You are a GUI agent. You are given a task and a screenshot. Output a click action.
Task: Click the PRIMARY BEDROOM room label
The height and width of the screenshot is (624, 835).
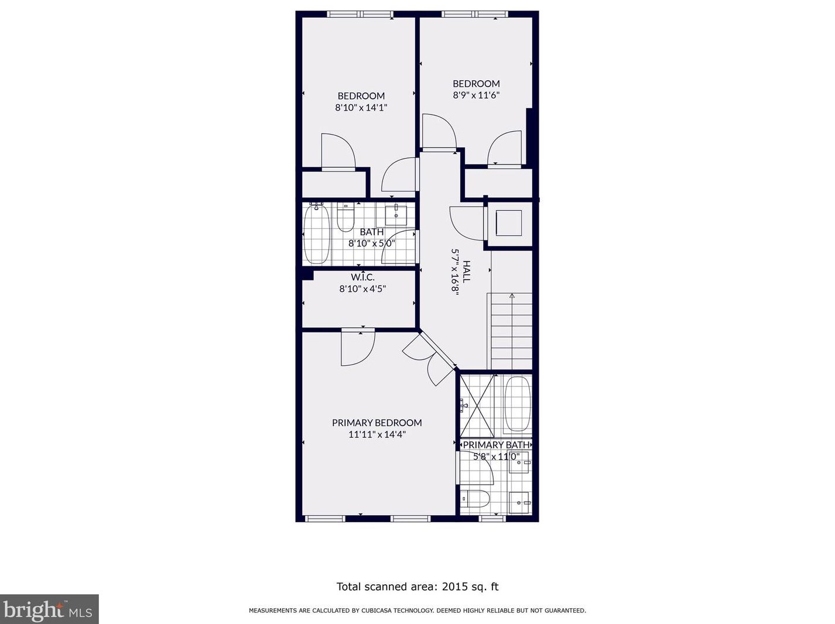[377, 423]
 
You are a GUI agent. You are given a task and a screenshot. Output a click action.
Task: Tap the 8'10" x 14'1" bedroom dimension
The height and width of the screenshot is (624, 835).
[361, 108]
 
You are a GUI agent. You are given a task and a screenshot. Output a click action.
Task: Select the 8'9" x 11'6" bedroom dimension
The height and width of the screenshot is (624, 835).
[476, 95]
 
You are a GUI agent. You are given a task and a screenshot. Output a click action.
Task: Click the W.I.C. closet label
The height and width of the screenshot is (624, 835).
[362, 277]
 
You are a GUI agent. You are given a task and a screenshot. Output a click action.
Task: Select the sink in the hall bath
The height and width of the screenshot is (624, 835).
[396, 215]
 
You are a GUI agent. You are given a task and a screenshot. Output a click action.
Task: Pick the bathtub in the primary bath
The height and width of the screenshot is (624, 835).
[518, 404]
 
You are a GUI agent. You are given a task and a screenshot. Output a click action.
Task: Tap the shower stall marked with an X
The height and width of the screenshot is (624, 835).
[477, 406]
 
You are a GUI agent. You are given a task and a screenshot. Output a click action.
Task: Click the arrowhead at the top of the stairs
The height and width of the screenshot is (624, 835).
[512, 296]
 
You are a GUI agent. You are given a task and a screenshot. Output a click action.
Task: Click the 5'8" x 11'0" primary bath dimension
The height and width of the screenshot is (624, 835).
[496, 457]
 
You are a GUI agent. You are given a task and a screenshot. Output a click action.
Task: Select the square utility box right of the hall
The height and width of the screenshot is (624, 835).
[509, 223]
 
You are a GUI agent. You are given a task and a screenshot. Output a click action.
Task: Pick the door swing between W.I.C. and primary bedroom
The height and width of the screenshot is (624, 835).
[358, 348]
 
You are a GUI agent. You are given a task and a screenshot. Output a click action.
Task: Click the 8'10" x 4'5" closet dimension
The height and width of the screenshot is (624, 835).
[362, 289]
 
